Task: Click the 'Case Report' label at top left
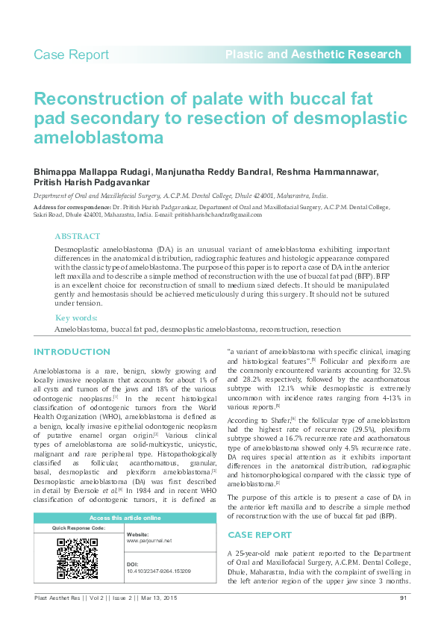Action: point(71,55)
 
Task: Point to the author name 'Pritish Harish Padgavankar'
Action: point(92,182)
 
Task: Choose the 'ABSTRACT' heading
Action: point(78,236)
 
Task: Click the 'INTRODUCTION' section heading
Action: point(72,352)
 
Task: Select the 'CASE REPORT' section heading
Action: point(259,535)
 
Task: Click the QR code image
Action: point(78,558)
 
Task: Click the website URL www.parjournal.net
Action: point(149,540)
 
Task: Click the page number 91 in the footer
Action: point(404,598)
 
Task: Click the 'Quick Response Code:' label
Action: point(78,528)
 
